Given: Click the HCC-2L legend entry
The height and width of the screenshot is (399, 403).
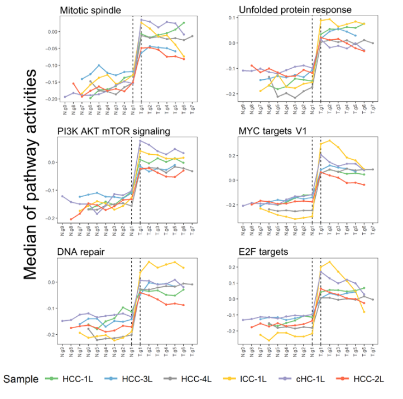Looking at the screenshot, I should [x=367, y=379].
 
